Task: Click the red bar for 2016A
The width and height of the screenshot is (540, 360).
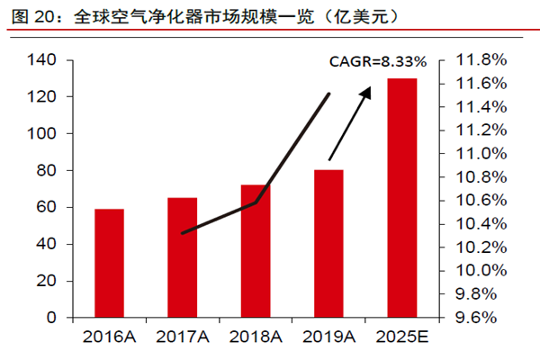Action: pos(110,263)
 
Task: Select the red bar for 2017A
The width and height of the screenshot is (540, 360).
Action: pos(184,257)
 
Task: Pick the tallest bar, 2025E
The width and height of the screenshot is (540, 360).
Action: pos(402,198)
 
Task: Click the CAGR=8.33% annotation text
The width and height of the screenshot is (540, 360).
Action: pos(376,62)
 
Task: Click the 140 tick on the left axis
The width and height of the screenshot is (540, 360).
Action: pos(42,60)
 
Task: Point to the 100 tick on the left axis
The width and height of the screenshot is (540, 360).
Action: pos(42,133)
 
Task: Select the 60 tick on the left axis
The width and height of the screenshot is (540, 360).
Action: pos(47,207)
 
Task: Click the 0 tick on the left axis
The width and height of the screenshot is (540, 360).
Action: pos(51,318)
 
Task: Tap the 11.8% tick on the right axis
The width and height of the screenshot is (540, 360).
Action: pos(483,60)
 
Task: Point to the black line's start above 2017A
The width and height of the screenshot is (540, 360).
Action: pos(183,233)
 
